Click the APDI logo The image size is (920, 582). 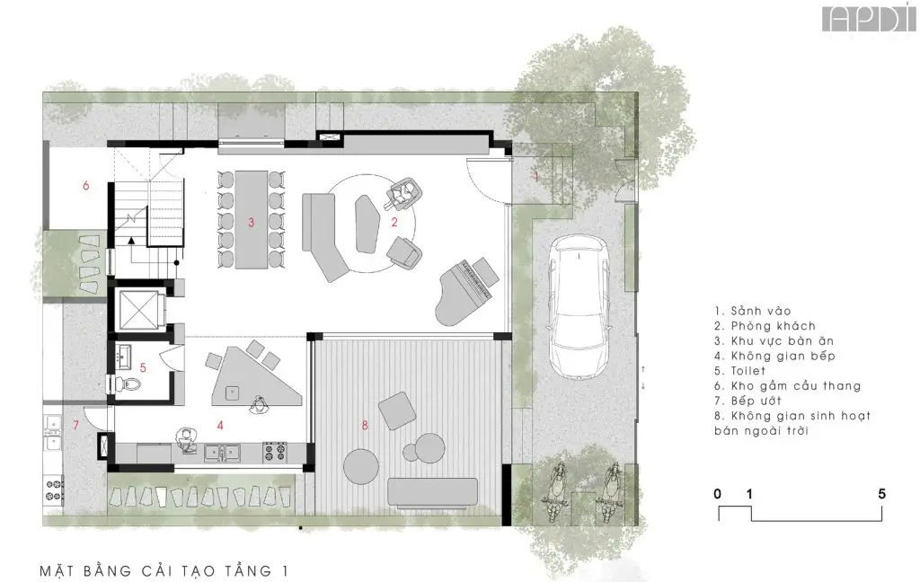coord(869,19)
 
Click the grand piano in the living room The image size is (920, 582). coord(467,290)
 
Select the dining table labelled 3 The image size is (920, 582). coord(252,219)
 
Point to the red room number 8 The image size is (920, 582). coord(365,426)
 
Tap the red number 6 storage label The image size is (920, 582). coord(85,186)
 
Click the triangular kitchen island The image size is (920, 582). coord(256,376)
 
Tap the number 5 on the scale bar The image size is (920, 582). coord(881,494)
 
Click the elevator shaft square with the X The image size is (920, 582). coord(138,309)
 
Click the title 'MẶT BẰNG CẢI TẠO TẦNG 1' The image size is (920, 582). coord(164,570)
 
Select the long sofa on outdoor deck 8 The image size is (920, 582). coord(433,493)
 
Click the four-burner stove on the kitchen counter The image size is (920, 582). coord(275,451)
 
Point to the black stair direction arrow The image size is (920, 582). coord(131,240)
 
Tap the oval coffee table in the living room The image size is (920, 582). coord(367,224)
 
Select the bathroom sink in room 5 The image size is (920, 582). coord(124,355)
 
